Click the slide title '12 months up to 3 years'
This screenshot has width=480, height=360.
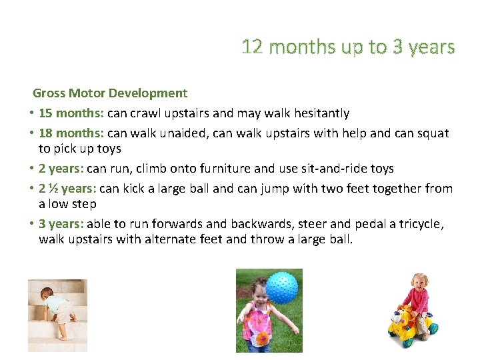(x=348, y=47)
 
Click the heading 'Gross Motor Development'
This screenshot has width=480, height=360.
(x=110, y=93)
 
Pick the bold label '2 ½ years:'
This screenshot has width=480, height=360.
(x=67, y=189)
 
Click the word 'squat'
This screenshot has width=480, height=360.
(x=433, y=133)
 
